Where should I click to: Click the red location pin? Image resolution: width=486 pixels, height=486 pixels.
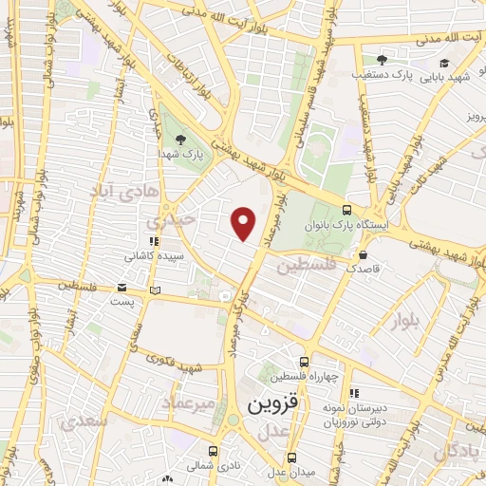[244, 224]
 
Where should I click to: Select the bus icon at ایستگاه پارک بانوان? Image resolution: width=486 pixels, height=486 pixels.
[346, 211]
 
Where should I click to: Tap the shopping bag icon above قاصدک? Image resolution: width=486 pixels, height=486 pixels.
[364, 254]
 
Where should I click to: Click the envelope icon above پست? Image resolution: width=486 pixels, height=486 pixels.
[121, 287]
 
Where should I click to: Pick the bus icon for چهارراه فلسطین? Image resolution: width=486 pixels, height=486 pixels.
[304, 361]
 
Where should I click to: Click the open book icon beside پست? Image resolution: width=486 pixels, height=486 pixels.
[156, 289]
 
